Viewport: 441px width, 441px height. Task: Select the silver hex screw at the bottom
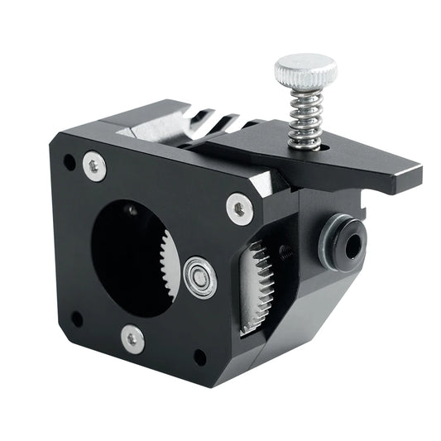click(132, 337)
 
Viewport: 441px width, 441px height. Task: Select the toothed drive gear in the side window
click(258, 285)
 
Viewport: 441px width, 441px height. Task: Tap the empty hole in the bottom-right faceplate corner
click(199, 357)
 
